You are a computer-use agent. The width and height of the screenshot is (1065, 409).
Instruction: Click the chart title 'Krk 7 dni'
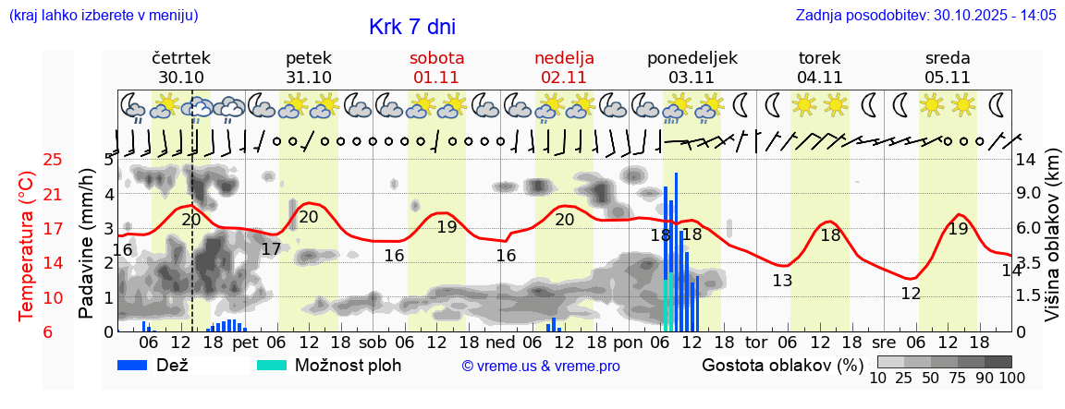(x=411, y=27)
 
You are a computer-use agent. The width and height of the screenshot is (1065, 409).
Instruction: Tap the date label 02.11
(x=564, y=78)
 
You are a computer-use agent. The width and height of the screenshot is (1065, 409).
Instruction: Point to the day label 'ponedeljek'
(x=692, y=58)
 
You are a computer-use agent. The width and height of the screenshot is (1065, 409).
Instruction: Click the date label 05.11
(x=947, y=78)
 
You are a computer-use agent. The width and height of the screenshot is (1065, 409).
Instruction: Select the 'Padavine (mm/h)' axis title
(x=87, y=244)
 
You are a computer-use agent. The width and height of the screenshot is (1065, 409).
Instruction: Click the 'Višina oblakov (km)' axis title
(x=1052, y=245)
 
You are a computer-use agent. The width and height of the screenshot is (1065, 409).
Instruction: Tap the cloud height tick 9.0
(x=1029, y=194)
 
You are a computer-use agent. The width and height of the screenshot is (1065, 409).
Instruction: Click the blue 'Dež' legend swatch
(x=139, y=365)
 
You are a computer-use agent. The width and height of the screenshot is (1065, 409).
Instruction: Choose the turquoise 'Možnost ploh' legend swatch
(x=272, y=365)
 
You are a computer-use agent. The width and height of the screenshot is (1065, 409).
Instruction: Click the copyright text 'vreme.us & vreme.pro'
(x=540, y=367)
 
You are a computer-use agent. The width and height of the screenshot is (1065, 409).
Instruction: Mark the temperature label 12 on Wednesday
(x=911, y=295)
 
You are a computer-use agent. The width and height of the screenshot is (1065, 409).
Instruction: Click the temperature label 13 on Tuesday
(x=782, y=281)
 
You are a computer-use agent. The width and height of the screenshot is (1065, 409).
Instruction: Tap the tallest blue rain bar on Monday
(x=676, y=249)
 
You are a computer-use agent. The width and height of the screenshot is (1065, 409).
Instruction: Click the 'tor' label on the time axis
(x=756, y=342)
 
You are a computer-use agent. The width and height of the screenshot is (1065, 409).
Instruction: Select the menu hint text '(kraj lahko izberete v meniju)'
(x=103, y=16)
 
